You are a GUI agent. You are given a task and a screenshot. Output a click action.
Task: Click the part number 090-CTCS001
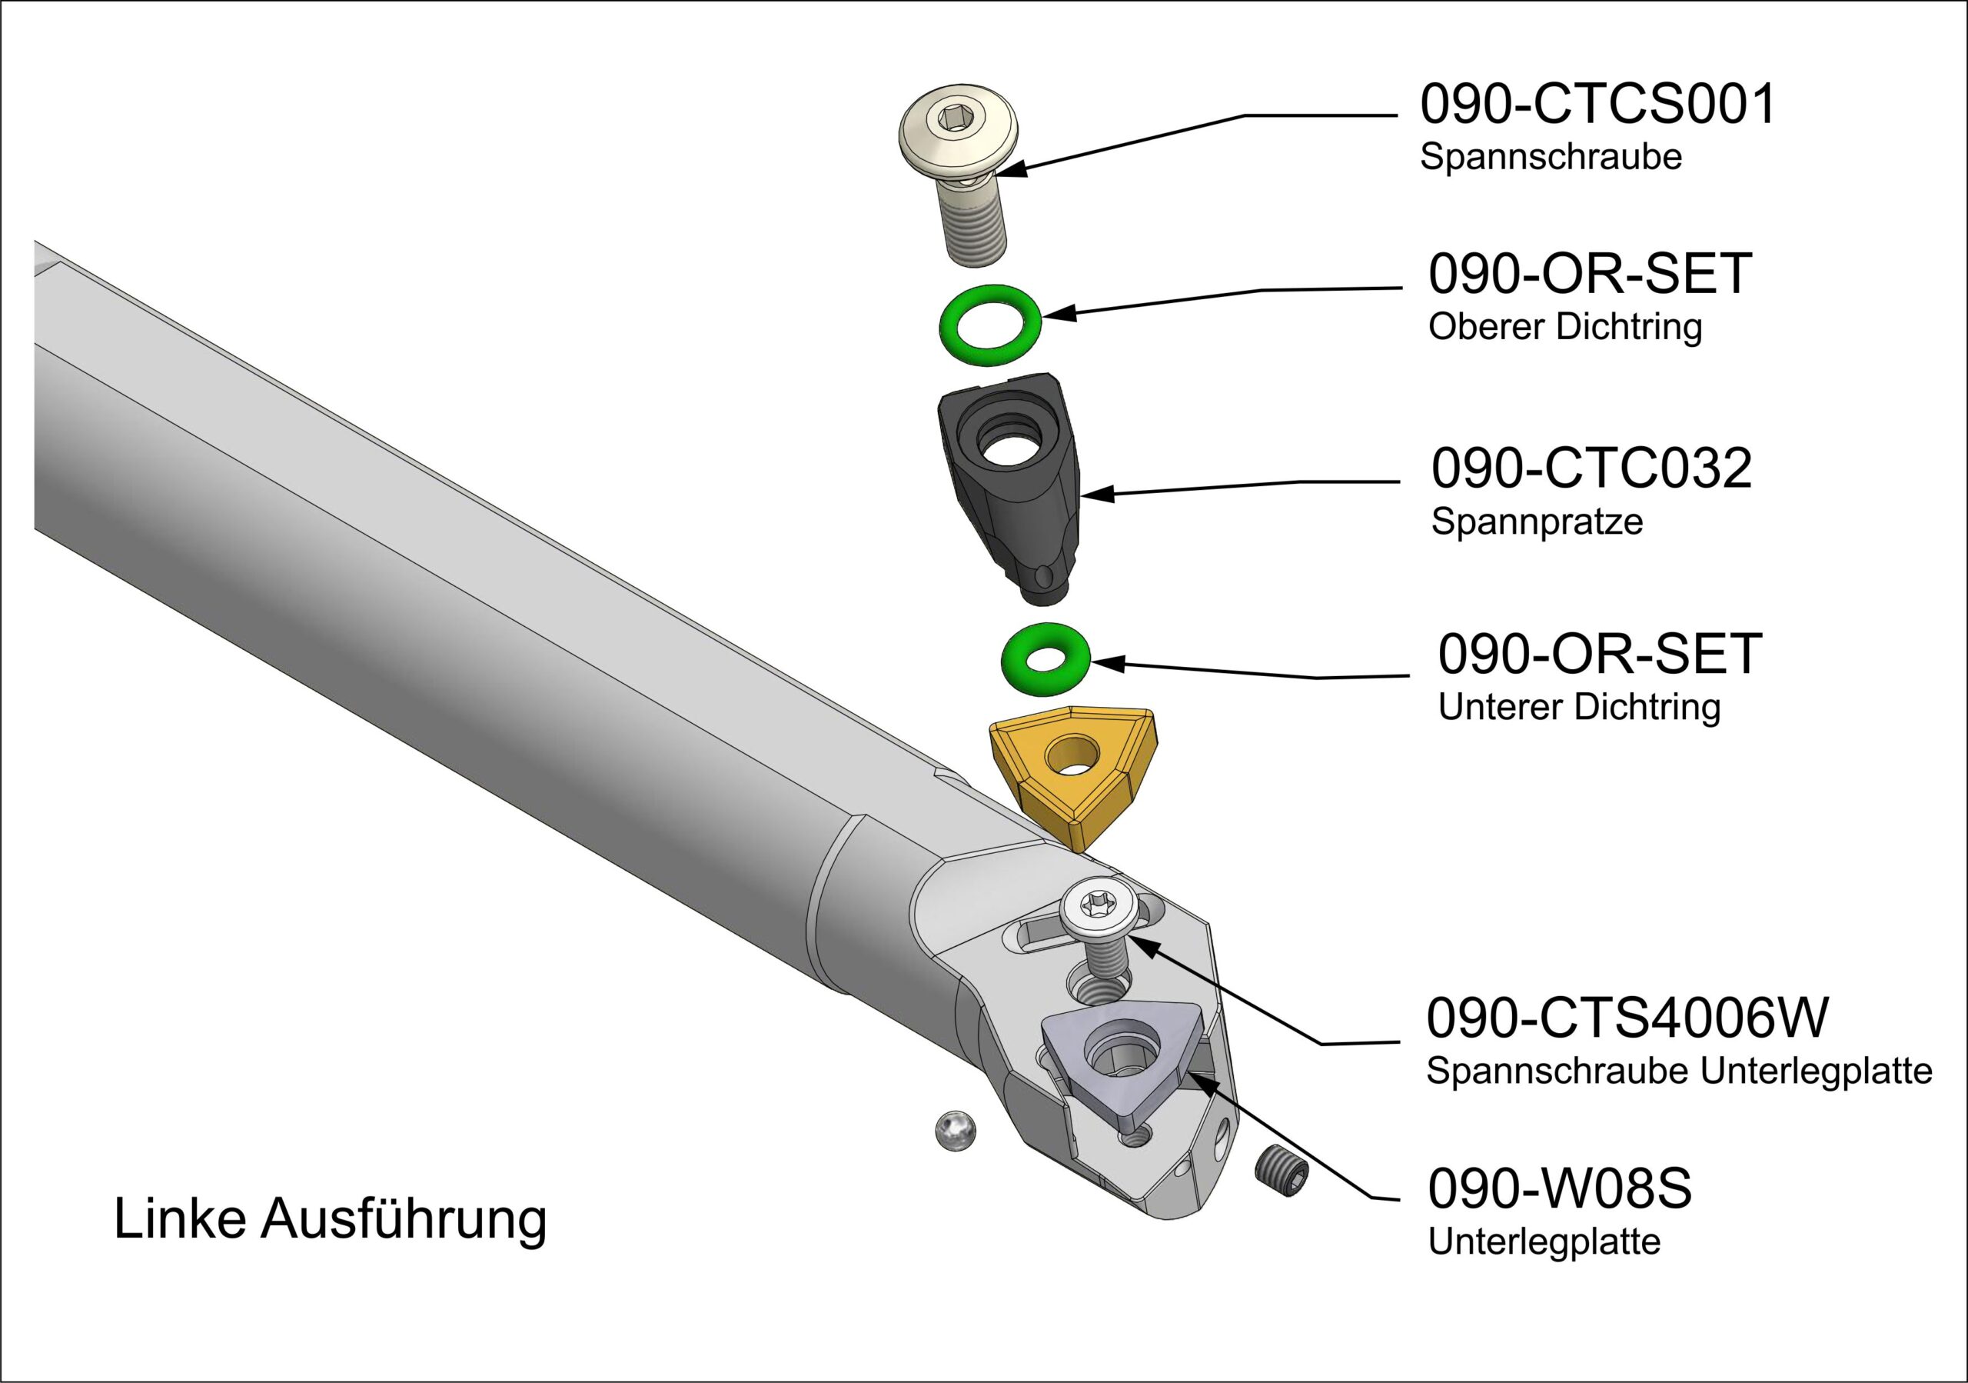[1597, 105]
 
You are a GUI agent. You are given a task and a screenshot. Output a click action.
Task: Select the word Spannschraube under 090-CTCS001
[1551, 158]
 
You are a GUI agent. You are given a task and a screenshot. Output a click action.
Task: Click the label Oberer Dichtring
[1565, 328]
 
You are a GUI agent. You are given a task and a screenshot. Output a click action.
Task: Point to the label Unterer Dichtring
[1579, 708]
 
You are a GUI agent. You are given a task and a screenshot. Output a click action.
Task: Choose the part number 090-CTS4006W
[1627, 1018]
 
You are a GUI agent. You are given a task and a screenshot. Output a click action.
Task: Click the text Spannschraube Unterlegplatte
[1679, 1071]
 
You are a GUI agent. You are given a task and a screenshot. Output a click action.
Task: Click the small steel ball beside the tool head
[955, 1131]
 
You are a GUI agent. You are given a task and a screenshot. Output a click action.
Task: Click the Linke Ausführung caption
[330, 1218]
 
